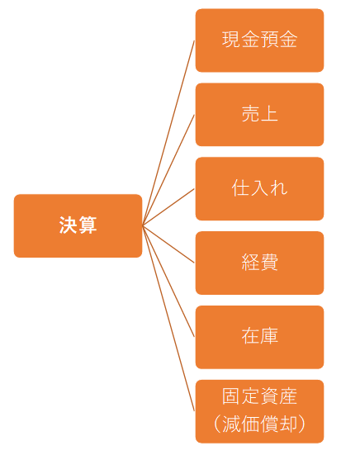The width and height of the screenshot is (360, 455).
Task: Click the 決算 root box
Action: pyautogui.click(x=78, y=225)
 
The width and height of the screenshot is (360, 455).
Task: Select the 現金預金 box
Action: pyautogui.click(x=259, y=40)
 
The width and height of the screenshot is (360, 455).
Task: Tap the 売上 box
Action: pyautogui.click(x=259, y=115)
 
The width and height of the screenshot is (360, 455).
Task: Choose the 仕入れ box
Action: pyautogui.click(x=259, y=189)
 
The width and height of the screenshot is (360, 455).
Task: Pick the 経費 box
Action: pyautogui.click(x=259, y=263)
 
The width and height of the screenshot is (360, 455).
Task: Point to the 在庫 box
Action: pyautogui.click(x=259, y=337)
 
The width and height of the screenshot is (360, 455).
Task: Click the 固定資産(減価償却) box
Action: pyautogui.click(x=259, y=411)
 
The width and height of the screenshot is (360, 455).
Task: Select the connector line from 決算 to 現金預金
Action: pyautogui.click(x=168, y=133)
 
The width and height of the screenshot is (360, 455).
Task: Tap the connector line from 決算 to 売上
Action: pyautogui.click(x=168, y=170)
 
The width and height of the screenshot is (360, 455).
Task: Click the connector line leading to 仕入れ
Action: pyautogui.click(x=168, y=207)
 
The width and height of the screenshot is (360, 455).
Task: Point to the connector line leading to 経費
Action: pyautogui.click(x=168, y=244)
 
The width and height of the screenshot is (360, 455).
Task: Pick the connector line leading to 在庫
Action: pyautogui.click(x=168, y=282)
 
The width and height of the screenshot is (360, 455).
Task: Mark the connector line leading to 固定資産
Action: pyautogui.click(x=168, y=319)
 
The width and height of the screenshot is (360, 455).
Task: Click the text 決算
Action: pyautogui.click(x=78, y=225)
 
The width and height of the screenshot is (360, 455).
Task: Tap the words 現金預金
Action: pyautogui.click(x=259, y=39)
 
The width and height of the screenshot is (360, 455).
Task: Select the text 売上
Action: pyautogui.click(x=259, y=113)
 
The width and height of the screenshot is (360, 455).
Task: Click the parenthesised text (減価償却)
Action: pyautogui.click(x=259, y=424)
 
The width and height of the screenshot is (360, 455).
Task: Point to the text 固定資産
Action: pyautogui.click(x=259, y=396)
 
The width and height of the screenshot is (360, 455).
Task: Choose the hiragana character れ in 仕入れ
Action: pyautogui.click(x=279, y=188)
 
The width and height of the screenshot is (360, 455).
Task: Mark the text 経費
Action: pyautogui.click(x=259, y=262)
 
